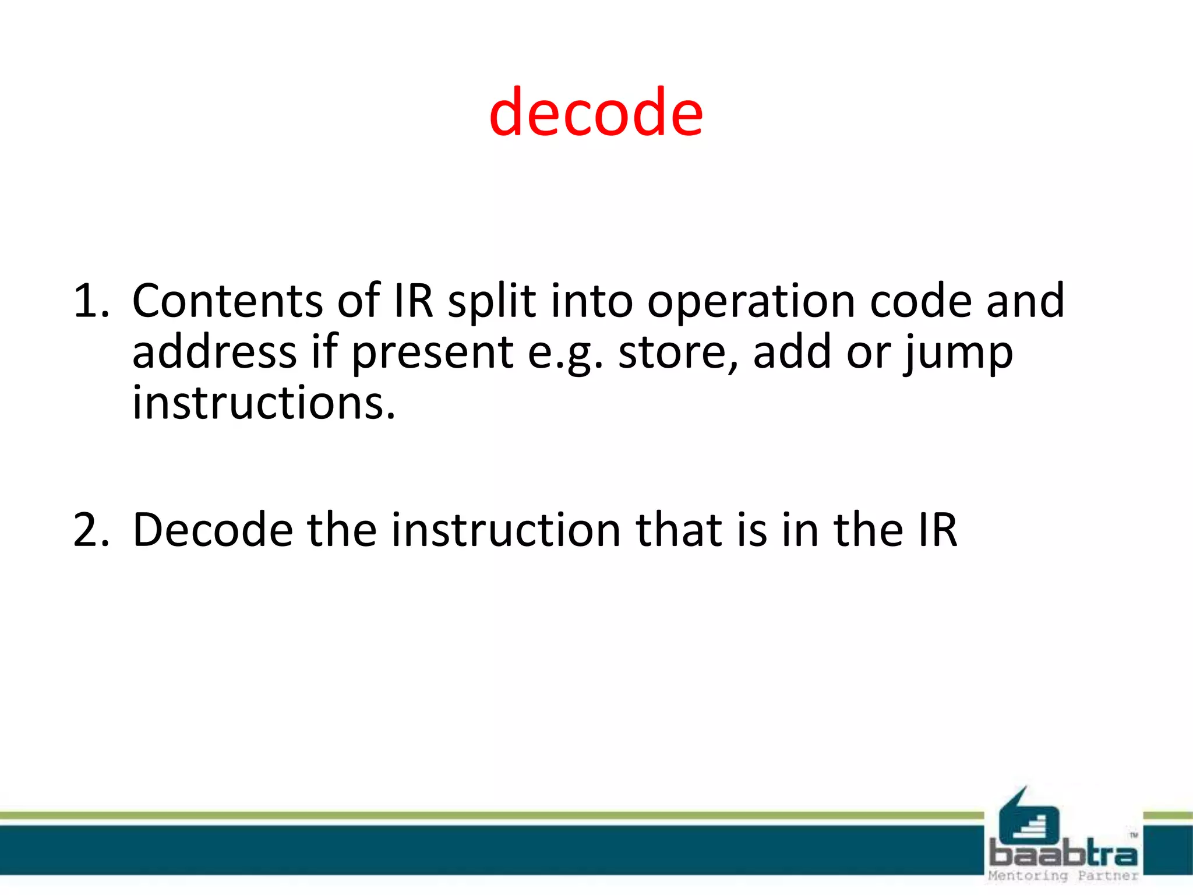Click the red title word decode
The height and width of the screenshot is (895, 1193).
point(596,112)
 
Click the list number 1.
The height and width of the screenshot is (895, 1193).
point(90,301)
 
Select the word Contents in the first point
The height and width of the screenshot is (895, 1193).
point(227,301)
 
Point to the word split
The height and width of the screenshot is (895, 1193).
point(491,302)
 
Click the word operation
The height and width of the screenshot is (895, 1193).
point(750,302)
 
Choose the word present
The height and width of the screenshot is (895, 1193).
point(432,353)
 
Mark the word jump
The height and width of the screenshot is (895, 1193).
point(958,353)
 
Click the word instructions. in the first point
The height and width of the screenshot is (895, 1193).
point(264,403)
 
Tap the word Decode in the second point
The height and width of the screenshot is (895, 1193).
point(213,530)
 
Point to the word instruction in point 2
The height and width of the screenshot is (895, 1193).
point(506,530)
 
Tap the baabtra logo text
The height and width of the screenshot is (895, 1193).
point(1063,854)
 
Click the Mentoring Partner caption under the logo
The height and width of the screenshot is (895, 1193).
point(1063,876)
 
